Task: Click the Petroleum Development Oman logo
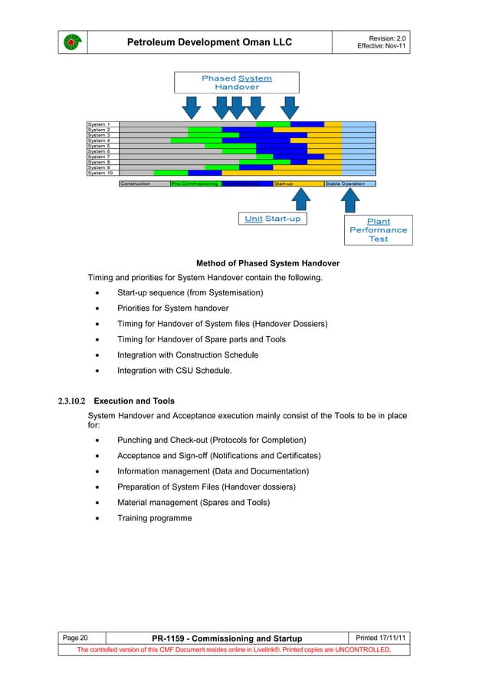71,42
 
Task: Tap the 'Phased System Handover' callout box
236,83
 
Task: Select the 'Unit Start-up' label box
273,219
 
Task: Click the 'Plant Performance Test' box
378,230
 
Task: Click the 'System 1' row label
99,124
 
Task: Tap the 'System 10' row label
100,173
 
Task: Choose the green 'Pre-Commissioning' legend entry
195,184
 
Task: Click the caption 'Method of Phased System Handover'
267,263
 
